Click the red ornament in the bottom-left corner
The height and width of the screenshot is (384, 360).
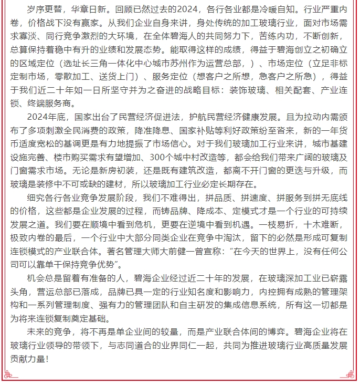(9, 374)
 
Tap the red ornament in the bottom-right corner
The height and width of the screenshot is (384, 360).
(351, 374)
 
